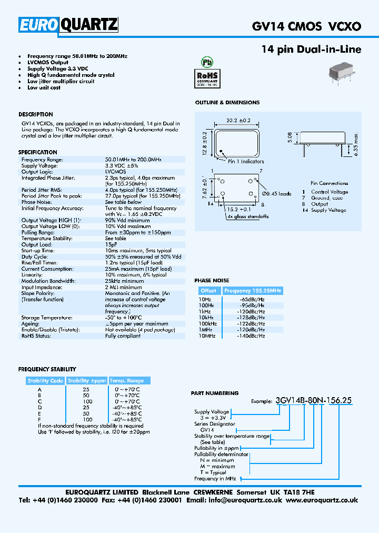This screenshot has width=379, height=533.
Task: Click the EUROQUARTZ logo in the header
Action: pos(68,25)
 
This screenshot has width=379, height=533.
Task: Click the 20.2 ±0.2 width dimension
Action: pos(238,120)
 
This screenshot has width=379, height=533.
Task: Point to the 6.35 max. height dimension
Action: pos(356,144)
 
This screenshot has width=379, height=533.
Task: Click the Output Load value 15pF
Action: pos(111,244)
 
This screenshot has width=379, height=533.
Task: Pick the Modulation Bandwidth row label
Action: pos(48,281)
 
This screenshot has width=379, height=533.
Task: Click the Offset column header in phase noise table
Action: pos(208,291)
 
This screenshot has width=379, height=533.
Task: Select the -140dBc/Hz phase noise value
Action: pos(251,335)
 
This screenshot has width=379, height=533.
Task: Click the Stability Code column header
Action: pos(45,380)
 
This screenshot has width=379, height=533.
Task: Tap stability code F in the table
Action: pos(39,419)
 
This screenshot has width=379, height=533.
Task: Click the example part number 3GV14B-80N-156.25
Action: pos(314,401)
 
